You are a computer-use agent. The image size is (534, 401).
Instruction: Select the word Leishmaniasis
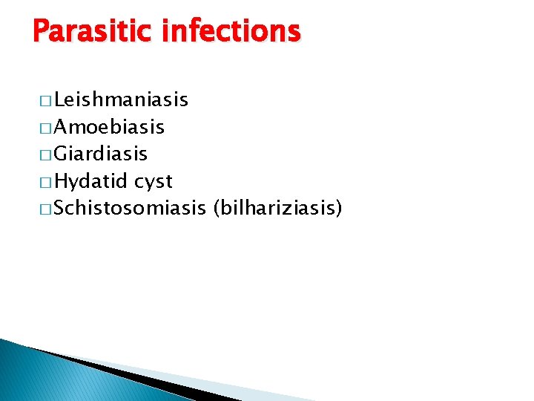121,100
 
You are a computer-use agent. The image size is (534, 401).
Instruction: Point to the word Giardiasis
101,154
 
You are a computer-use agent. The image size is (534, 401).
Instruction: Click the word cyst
154,182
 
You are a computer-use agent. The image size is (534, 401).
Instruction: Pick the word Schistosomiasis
130,209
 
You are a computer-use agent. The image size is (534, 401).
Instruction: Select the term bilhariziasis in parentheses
277,209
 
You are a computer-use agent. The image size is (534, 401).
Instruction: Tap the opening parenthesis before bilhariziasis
216,209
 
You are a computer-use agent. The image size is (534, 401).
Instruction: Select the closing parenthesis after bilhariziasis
338,209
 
